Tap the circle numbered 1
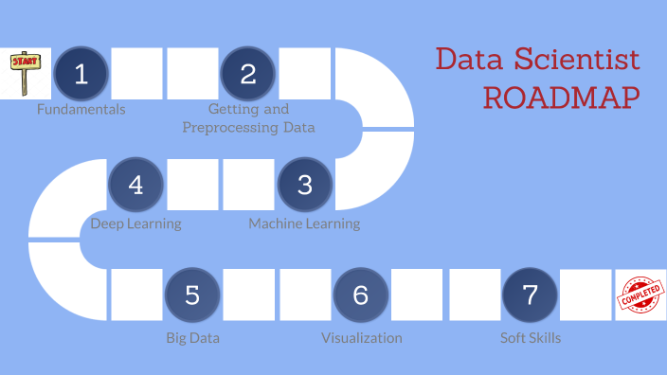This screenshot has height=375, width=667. click(x=81, y=74)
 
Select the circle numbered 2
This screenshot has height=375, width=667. click(x=248, y=74)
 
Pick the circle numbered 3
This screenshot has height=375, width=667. click(x=304, y=184)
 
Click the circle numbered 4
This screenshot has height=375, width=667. click(x=136, y=184)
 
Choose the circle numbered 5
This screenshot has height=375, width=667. click(x=192, y=295)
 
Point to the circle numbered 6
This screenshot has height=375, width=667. click(x=360, y=295)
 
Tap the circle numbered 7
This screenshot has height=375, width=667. click(x=530, y=295)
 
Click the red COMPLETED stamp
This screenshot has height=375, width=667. click(x=641, y=295)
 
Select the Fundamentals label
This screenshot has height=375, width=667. click(x=81, y=109)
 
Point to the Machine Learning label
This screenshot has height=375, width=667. click(x=304, y=224)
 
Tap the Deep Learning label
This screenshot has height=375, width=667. click(x=135, y=224)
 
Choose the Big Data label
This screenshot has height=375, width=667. click(x=192, y=338)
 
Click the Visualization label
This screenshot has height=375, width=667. click(x=361, y=338)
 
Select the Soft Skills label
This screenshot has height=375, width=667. click(x=531, y=338)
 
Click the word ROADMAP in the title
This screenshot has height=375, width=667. click(x=559, y=98)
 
